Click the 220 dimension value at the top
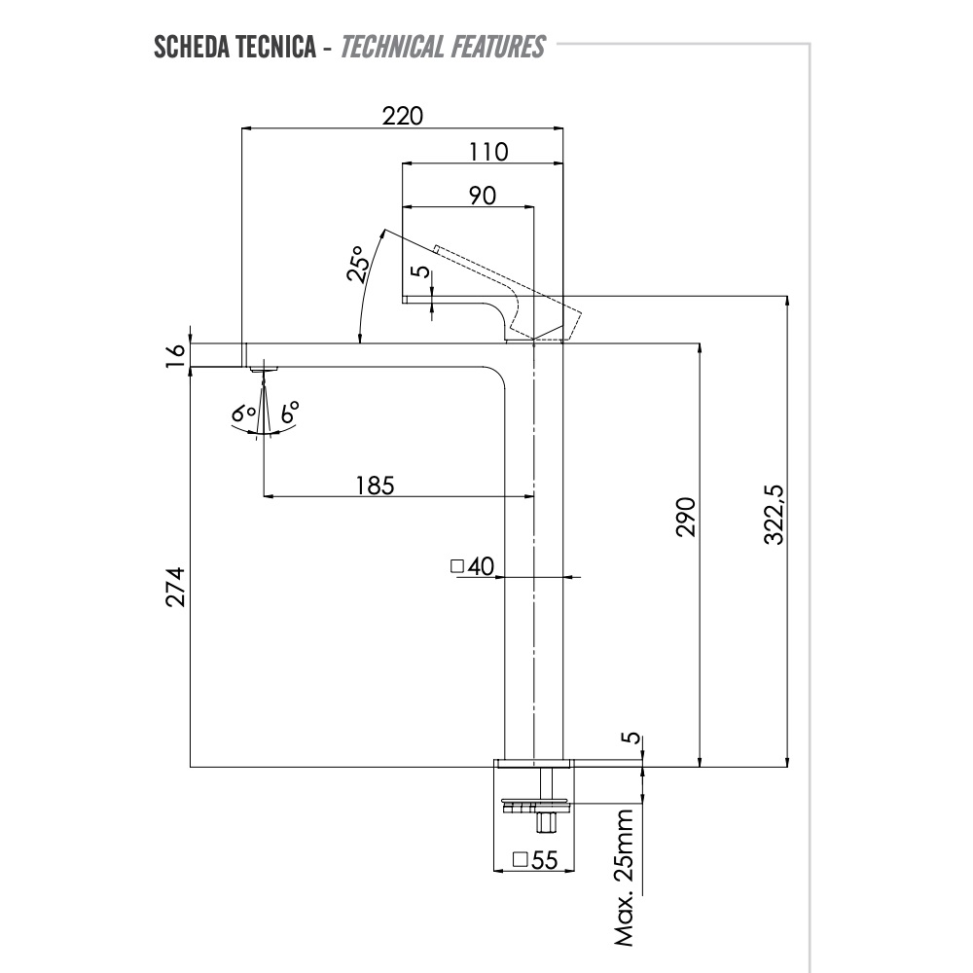[x=403, y=116]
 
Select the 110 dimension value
[x=487, y=152]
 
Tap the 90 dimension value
[x=483, y=195]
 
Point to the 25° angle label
[x=357, y=264]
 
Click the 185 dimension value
[x=375, y=484]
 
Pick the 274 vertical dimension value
[x=175, y=587]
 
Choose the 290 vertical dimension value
[x=686, y=518]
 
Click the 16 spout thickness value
[x=175, y=355]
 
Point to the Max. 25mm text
[x=626, y=877]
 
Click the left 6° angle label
[x=244, y=414]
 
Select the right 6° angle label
[x=289, y=413]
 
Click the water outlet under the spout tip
[x=263, y=368]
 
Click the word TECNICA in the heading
[x=271, y=47]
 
